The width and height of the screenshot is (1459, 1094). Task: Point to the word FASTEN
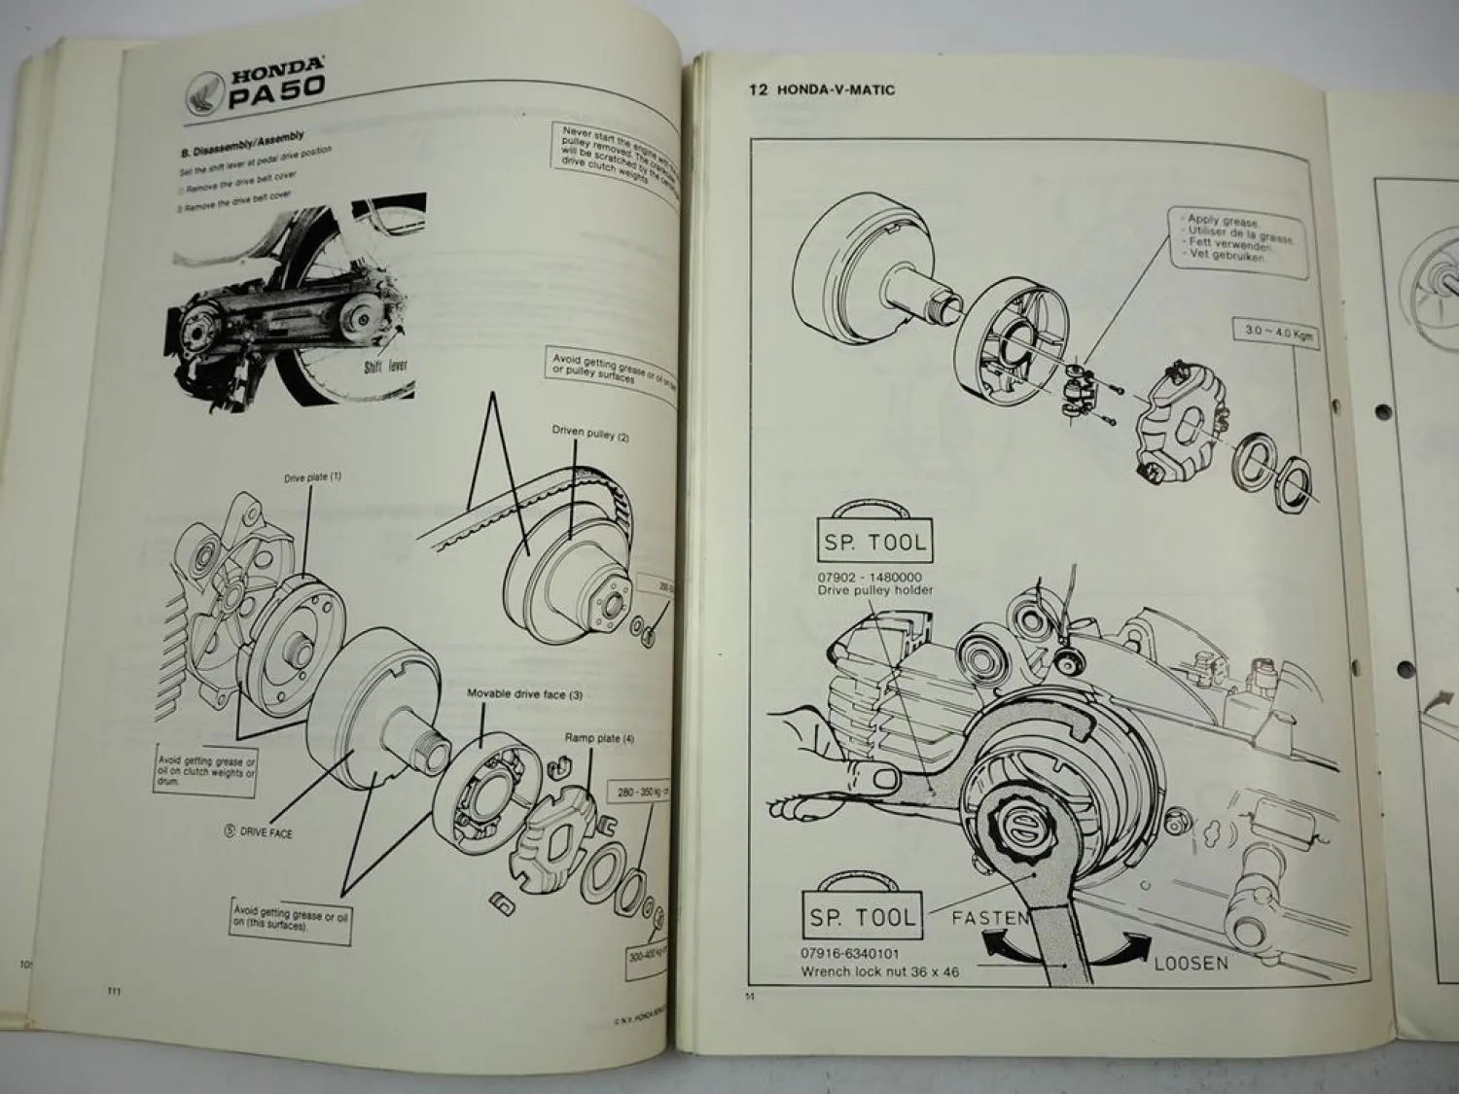tap(990, 916)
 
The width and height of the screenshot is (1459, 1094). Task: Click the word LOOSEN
tap(1191, 963)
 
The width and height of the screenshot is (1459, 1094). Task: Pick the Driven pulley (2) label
tap(591, 434)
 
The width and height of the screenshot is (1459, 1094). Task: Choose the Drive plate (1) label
tap(312, 477)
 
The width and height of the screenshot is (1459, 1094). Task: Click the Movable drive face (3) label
tap(525, 694)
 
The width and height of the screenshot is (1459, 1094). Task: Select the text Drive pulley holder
tap(875, 590)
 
